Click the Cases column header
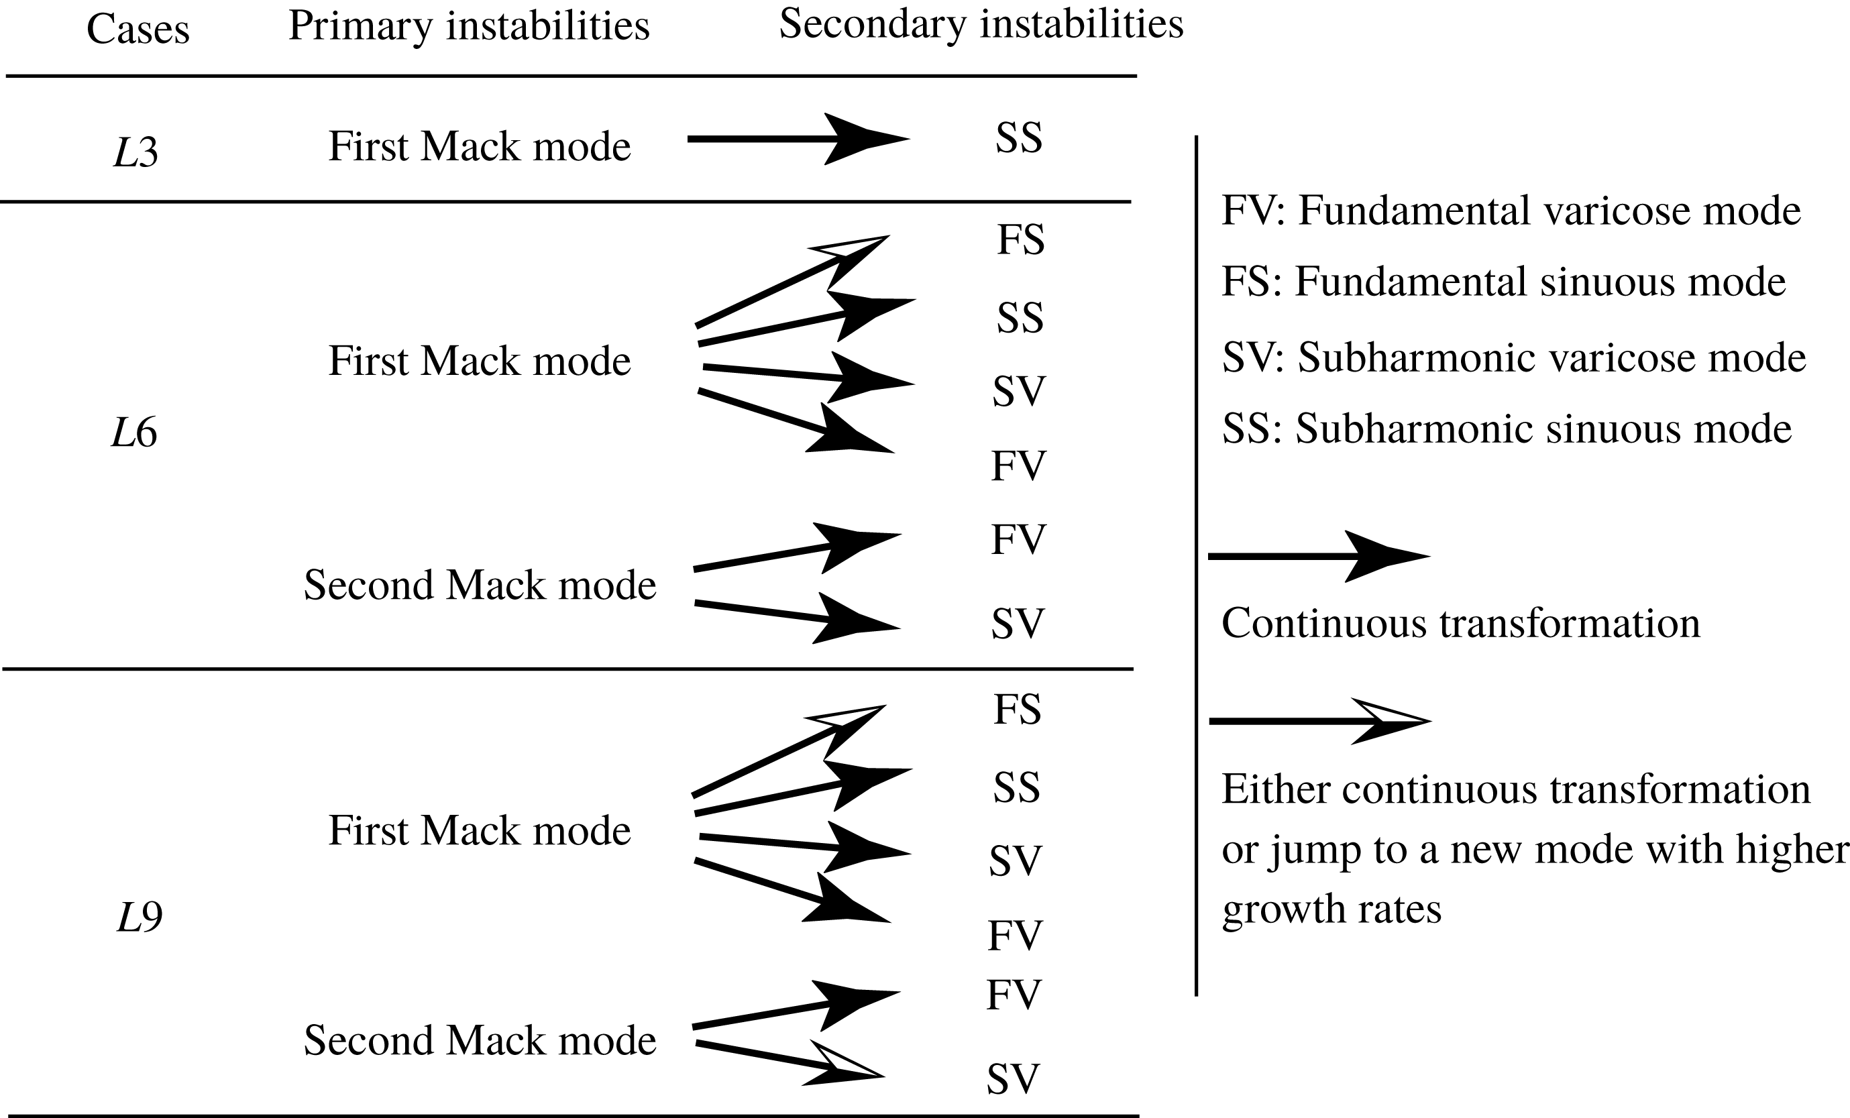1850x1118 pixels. click(138, 30)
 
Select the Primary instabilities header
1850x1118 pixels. click(468, 27)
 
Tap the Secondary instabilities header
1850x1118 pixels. click(981, 24)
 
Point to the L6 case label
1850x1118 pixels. click(134, 433)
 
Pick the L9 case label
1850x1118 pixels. click(140, 917)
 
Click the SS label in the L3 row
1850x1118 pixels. click(1019, 137)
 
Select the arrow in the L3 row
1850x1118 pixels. click(799, 139)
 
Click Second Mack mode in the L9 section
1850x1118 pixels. click(480, 1041)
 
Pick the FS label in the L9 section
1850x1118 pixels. click(1018, 710)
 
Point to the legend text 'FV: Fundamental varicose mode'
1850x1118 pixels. click(1511, 210)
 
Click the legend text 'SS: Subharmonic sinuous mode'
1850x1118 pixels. click(1507, 429)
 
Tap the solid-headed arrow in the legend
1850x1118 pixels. click(1319, 557)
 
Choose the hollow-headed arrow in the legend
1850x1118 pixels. click(1320, 722)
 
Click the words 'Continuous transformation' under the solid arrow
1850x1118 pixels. click(1461, 623)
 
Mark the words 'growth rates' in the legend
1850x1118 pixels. click(1332, 910)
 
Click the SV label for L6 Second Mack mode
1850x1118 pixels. click(1018, 624)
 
